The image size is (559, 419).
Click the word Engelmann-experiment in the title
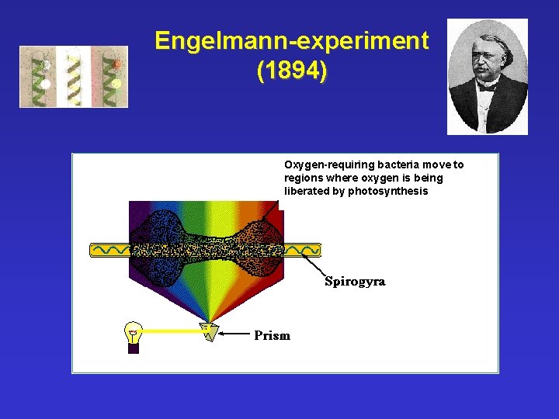coord(291,41)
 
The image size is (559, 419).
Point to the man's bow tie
coord(488,87)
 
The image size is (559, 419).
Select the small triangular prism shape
coord(207,331)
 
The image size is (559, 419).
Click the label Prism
coord(273,336)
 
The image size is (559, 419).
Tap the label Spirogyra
coord(355,281)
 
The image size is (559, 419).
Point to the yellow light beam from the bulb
coord(171,331)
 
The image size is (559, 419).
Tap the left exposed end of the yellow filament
coord(109,250)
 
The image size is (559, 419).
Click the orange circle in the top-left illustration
coord(117,64)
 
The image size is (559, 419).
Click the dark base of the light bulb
coord(134,348)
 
